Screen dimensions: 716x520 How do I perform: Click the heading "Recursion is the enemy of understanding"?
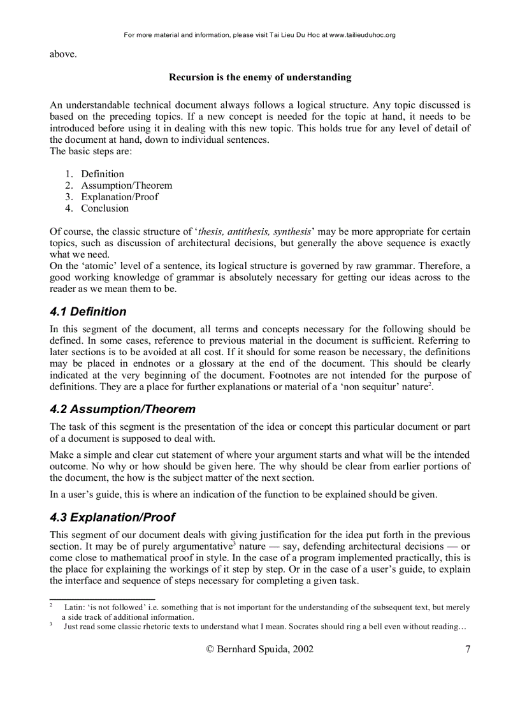coord(260,77)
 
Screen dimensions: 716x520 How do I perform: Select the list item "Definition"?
coord(102,173)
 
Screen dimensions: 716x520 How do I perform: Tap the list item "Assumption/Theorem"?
coord(126,185)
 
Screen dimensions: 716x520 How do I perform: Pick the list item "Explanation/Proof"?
coord(119,196)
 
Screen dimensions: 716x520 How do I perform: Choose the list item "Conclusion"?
coord(105,208)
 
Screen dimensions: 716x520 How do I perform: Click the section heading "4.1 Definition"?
coord(88,312)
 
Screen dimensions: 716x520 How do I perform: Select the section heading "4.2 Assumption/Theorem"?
coord(122,409)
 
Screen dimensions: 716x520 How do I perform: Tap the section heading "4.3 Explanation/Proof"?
coord(112,517)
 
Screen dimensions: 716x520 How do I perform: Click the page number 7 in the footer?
coord(468,650)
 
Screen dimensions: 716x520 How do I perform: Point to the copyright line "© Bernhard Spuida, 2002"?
coord(259,650)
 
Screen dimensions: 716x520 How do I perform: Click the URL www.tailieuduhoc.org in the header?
coord(362,35)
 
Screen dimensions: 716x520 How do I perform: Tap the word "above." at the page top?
coord(63,54)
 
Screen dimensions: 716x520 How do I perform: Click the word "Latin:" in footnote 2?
coord(75,608)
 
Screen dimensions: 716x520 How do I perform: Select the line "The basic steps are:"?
coord(91,151)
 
